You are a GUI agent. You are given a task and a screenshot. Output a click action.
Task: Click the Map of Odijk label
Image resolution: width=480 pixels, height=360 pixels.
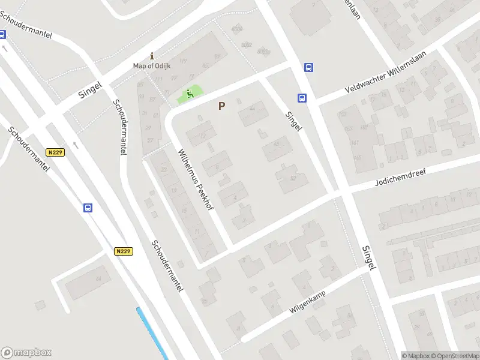click(x=152, y=65)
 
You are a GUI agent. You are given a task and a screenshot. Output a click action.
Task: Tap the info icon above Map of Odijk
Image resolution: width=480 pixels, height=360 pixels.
click(x=152, y=55)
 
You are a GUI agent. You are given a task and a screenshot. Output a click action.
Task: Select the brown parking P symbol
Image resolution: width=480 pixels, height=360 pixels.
click(x=221, y=106)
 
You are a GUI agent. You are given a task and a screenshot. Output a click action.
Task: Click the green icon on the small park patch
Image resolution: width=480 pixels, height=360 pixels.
click(x=190, y=94)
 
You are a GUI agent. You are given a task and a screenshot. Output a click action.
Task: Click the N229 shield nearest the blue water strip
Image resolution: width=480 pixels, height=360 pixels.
click(x=123, y=251)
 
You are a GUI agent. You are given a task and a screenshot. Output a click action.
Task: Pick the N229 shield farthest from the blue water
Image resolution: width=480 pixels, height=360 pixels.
click(x=56, y=152)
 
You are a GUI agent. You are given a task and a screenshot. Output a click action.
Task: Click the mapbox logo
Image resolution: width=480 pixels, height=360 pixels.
click(x=26, y=353)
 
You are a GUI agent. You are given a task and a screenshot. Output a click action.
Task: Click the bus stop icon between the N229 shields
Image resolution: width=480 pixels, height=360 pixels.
click(x=88, y=208)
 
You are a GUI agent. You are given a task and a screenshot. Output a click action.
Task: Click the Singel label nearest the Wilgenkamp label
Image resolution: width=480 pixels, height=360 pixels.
click(x=368, y=256)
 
